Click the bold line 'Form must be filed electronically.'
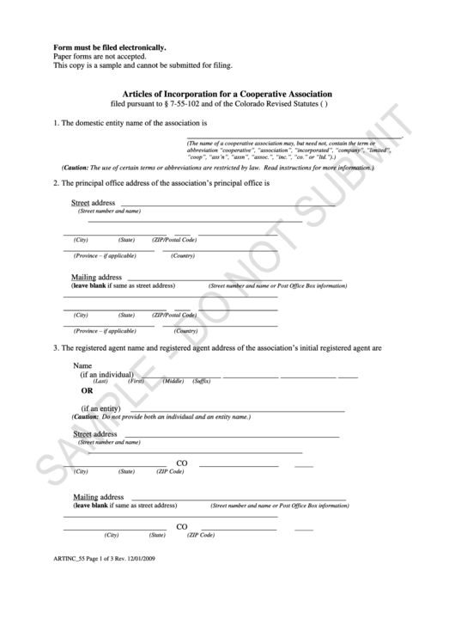pyautogui.click(x=110, y=47)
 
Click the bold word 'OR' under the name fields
pyautogui.click(x=87, y=389)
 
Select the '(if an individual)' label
pyautogui.click(x=107, y=375)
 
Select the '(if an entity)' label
pyautogui.click(x=100, y=408)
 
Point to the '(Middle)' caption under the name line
pyautogui.click(x=173, y=381)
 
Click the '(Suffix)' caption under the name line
pyautogui.click(x=202, y=381)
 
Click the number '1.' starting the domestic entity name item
pyautogui.click(x=57, y=124)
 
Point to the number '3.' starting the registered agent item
pyautogui.click(x=57, y=348)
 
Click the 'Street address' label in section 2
pyautogui.click(x=93, y=203)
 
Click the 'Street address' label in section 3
pyautogui.click(x=94, y=434)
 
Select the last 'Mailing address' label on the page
pyautogui.click(x=98, y=497)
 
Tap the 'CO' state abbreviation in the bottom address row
pyautogui.click(x=182, y=527)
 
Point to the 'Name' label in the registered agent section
pyautogui.click(x=83, y=365)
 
